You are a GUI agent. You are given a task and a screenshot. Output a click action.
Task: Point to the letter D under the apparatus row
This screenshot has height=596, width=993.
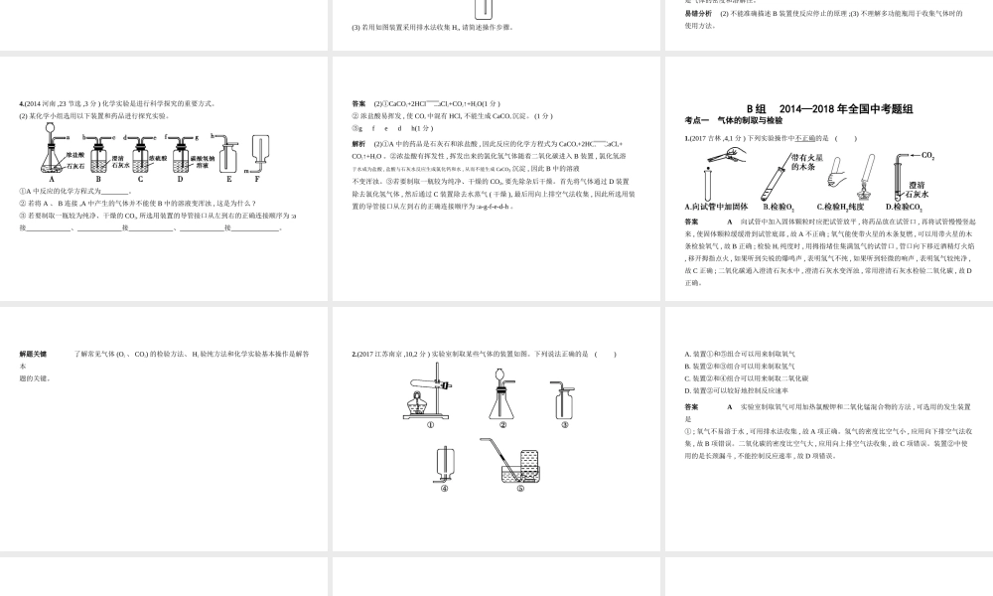point(182,180)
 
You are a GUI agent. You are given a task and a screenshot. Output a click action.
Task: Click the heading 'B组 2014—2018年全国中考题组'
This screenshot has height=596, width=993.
point(828,108)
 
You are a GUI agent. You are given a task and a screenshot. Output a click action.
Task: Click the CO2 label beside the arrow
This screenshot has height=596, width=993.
point(928,156)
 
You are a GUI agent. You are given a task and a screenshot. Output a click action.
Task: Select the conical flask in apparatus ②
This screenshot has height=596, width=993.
point(502,402)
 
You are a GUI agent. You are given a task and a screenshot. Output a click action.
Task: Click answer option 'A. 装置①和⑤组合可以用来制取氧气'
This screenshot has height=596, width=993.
point(740,354)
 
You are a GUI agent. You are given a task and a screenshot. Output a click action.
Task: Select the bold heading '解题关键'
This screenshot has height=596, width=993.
point(34,354)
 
